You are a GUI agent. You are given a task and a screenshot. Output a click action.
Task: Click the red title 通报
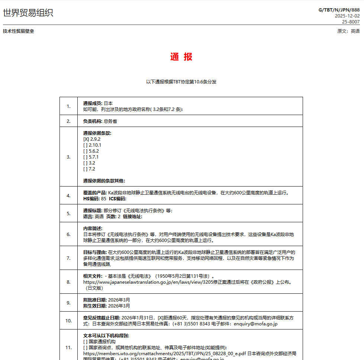click(x=181, y=57)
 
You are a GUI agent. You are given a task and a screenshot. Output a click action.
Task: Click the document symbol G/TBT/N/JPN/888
click(x=339, y=10)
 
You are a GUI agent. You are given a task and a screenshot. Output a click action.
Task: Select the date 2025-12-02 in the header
click(x=347, y=16)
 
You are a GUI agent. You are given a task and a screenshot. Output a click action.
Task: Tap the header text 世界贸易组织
click(x=28, y=13)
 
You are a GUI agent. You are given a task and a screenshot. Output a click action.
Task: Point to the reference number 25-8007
click(x=351, y=22)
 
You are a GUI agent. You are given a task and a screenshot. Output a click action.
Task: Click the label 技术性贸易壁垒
click(x=18, y=31)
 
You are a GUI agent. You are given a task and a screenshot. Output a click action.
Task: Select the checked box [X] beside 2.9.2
click(x=86, y=139)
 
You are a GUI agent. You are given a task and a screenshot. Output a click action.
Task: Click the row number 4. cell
click(x=68, y=195)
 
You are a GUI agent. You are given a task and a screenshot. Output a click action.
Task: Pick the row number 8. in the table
click(x=68, y=282)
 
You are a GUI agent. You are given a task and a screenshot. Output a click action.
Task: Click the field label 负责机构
click(x=93, y=121)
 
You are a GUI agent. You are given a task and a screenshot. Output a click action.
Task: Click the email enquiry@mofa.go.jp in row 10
click(x=255, y=324)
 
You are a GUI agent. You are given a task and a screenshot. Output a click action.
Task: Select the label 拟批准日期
click(x=95, y=300)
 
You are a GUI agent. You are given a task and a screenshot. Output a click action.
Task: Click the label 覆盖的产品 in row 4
click(x=95, y=193)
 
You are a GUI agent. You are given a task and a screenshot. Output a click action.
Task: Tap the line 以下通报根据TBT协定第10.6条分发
click(x=181, y=82)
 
